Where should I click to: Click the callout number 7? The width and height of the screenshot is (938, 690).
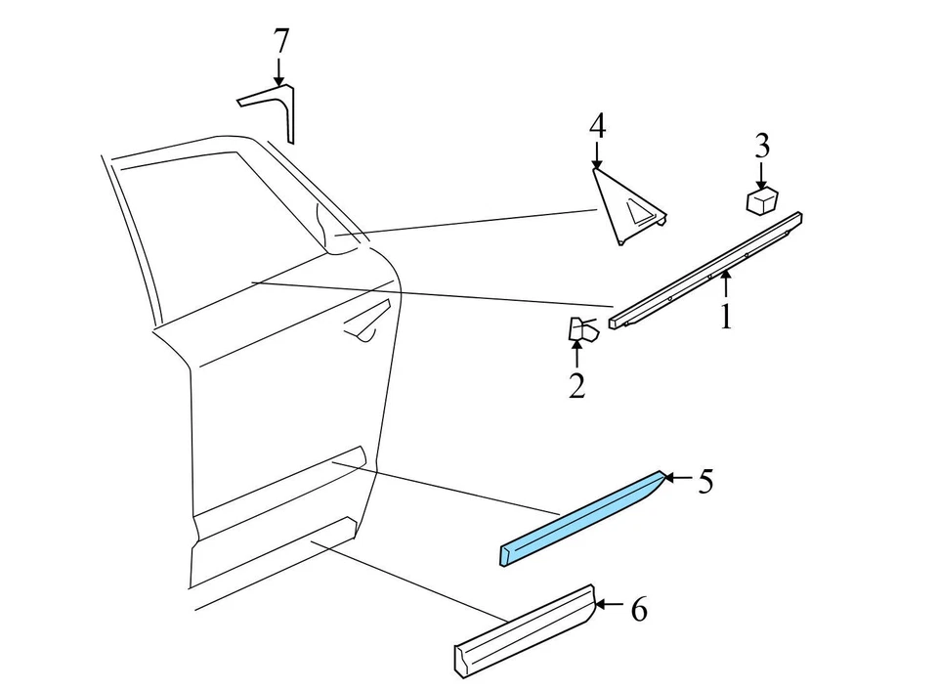coord(280,42)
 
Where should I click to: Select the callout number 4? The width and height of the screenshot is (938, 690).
coord(597,125)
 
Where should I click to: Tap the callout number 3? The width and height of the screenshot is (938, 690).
coord(761,147)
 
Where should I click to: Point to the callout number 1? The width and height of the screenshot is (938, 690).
coord(725,317)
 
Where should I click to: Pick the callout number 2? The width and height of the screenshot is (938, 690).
coord(576,386)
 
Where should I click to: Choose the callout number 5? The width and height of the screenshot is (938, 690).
coord(705,481)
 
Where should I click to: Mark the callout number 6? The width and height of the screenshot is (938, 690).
coord(638,611)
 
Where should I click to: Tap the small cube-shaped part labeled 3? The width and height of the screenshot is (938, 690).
coord(761,200)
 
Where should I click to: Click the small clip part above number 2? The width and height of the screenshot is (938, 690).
coord(581,330)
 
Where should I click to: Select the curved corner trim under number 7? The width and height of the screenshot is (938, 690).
coord(273,106)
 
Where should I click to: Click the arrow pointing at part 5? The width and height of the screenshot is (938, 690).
coord(680,479)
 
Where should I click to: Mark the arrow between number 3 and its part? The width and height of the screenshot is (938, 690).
coord(761,173)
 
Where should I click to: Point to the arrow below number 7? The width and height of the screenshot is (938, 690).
coord(279,71)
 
